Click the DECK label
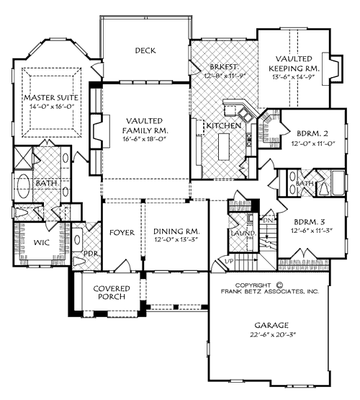tap(145, 50)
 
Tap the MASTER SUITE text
tap(50, 97)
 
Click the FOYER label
tap(122, 232)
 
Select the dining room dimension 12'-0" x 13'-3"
tap(176, 241)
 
